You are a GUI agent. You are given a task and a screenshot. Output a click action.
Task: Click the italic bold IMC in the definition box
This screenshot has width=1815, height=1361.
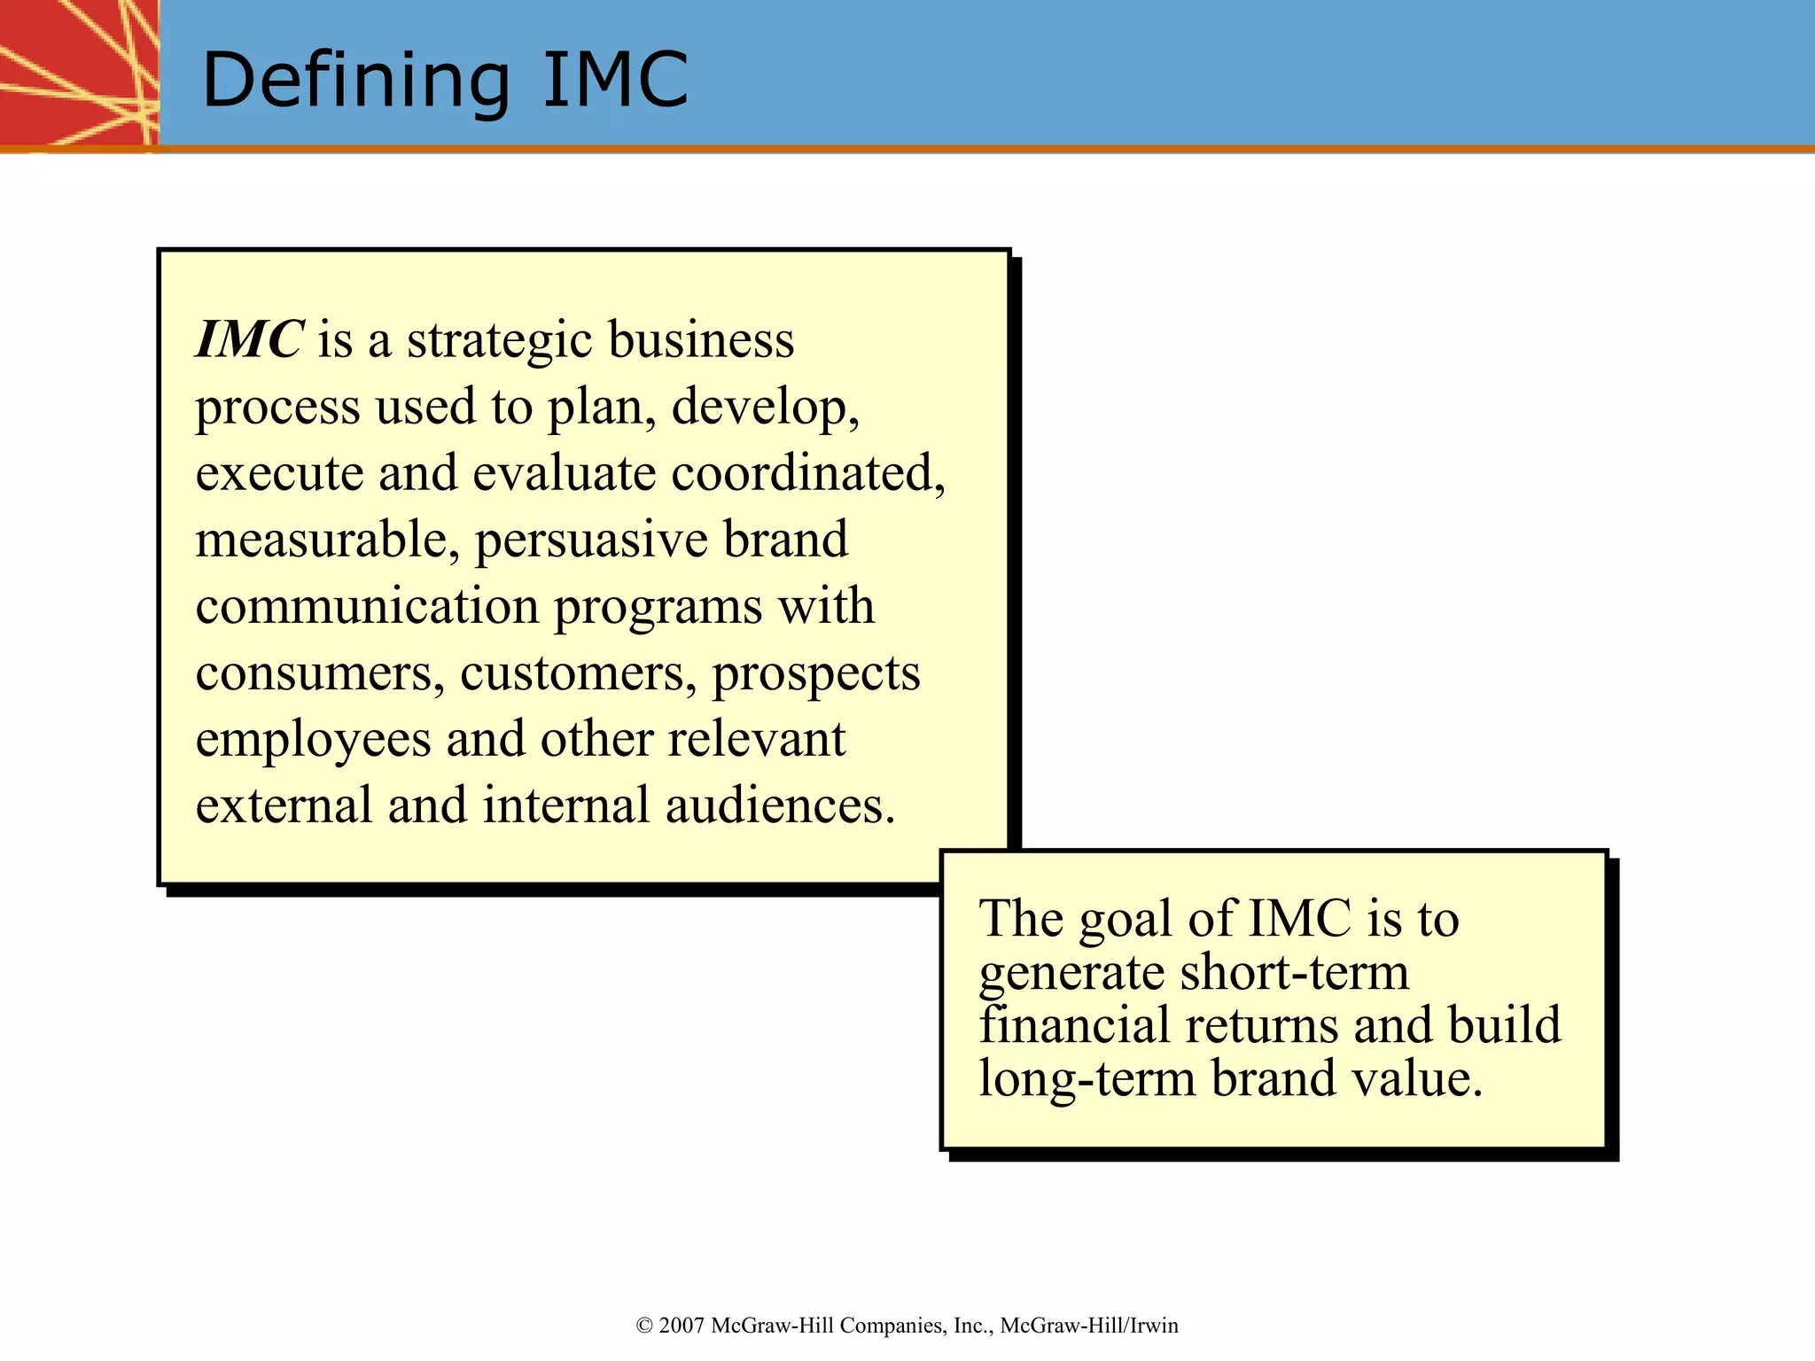pyautogui.click(x=250, y=340)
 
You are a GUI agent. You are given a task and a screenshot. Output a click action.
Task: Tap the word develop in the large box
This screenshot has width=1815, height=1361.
pyautogui.click(x=764, y=408)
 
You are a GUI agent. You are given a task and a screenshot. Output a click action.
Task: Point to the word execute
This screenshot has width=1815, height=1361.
pyautogui.click(x=279, y=474)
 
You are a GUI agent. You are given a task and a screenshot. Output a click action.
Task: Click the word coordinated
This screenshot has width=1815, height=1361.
pyautogui.click(x=806, y=474)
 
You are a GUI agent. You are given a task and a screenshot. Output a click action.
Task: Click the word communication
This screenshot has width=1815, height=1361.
pyautogui.click(x=367, y=607)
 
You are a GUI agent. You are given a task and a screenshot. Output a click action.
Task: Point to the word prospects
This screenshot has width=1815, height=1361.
pyautogui.click(x=816, y=673)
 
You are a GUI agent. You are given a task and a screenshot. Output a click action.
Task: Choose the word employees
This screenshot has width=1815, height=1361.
pyautogui.click(x=313, y=741)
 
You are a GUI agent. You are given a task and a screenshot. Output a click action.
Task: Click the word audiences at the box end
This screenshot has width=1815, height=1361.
pyautogui.click(x=779, y=806)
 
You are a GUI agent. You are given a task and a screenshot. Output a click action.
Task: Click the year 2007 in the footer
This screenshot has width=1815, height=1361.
pyautogui.click(x=682, y=1326)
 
